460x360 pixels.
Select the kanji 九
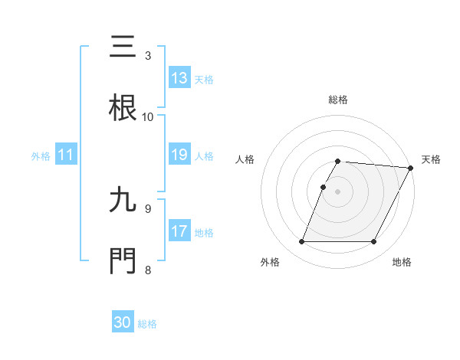tap(123, 201)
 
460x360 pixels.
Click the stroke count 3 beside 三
tap(147, 55)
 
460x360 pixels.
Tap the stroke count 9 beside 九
tap(147, 208)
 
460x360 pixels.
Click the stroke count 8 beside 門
tap(147, 270)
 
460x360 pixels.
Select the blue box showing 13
tap(179, 78)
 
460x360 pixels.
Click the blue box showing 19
tap(179, 155)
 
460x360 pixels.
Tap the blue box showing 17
tap(179, 231)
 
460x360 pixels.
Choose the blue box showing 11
tap(66, 155)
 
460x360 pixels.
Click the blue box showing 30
tap(123, 323)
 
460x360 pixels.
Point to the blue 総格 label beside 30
tap(147, 324)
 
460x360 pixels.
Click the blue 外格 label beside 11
tap(41, 155)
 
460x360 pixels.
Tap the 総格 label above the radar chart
tap(338, 100)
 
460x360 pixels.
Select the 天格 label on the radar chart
tap(431, 159)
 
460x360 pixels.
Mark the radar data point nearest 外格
tap(302, 242)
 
